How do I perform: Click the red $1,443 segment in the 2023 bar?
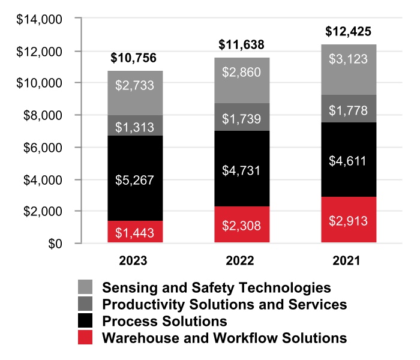point(135,232)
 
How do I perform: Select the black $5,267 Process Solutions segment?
point(135,178)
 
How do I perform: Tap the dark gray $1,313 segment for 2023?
point(135,125)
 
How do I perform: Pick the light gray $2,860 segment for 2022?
point(242,80)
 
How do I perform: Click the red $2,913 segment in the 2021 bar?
point(349,220)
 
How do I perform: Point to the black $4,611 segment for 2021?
point(349,160)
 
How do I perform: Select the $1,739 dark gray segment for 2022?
point(242,117)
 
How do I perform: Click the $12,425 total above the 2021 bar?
point(348,32)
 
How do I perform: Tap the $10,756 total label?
point(133,58)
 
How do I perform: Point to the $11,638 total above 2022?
point(241,45)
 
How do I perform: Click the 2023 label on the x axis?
point(133,260)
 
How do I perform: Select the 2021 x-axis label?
point(347,260)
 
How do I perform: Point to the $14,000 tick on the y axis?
point(39,20)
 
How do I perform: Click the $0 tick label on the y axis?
point(55,244)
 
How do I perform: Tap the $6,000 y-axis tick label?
point(43,148)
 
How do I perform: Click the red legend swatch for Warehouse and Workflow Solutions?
point(85,337)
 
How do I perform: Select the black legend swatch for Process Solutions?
point(85,320)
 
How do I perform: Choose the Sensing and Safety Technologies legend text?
point(217,288)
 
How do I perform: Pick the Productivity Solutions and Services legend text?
point(224,305)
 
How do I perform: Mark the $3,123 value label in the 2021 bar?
point(348,59)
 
